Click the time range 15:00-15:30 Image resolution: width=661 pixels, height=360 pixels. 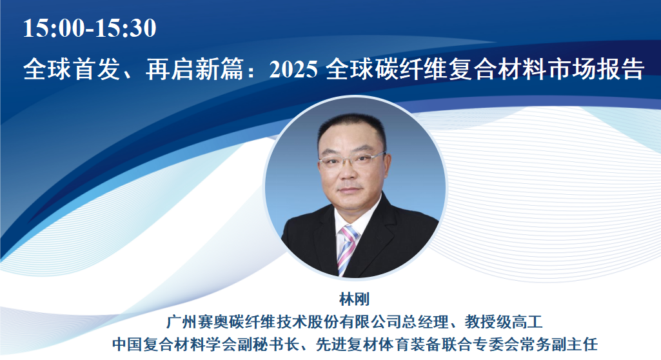pos(90,28)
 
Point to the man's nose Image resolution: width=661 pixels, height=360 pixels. pos(353,169)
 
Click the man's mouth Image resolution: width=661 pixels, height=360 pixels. pos(353,186)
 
